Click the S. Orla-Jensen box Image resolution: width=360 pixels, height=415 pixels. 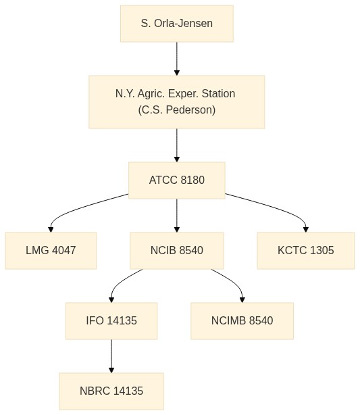coord(177,24)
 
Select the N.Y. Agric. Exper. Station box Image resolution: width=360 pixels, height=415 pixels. coord(177,102)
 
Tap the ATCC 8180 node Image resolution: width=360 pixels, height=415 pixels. coord(177,180)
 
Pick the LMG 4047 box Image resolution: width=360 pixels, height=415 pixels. coord(51,251)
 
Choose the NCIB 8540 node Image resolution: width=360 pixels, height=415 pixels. coord(177,251)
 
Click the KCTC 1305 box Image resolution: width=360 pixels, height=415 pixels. coord(306,251)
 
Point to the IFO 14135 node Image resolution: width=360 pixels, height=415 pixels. coord(111,321)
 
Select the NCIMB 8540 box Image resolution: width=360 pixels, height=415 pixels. coord(242,321)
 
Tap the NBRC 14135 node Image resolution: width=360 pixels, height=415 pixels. coord(111,391)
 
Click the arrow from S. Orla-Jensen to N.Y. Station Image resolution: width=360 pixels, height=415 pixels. coord(177,59)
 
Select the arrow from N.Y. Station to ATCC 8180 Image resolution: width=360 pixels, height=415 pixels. coord(177,145)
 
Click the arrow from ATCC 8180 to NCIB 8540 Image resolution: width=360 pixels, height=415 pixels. coord(177,216)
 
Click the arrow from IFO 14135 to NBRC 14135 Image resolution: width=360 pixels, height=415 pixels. coord(111,356)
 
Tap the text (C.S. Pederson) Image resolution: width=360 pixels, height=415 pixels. coord(177,110)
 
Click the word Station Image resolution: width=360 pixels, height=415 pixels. coord(218,94)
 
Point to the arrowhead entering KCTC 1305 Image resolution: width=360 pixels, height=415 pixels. coord(306,230)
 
